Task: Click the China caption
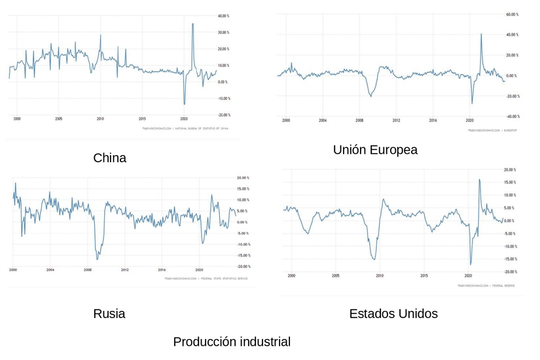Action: [x=110, y=158]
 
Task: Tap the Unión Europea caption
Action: [x=374, y=150]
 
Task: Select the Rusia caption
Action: [x=109, y=314]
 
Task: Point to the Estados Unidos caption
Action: [x=393, y=314]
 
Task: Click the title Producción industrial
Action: [x=232, y=342]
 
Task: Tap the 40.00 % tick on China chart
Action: [x=223, y=16]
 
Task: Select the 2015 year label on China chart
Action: [x=142, y=119]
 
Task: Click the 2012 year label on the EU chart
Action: [x=396, y=121]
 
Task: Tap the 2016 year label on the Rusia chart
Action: [x=162, y=270]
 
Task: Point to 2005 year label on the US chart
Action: [x=335, y=276]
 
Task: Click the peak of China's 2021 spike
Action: [x=192, y=24]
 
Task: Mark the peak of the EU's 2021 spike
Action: [x=481, y=34]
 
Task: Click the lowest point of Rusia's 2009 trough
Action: [x=97, y=259]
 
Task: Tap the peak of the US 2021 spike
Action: [x=479, y=179]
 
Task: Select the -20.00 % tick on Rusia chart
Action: [x=243, y=266]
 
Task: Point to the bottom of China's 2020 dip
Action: [x=185, y=103]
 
